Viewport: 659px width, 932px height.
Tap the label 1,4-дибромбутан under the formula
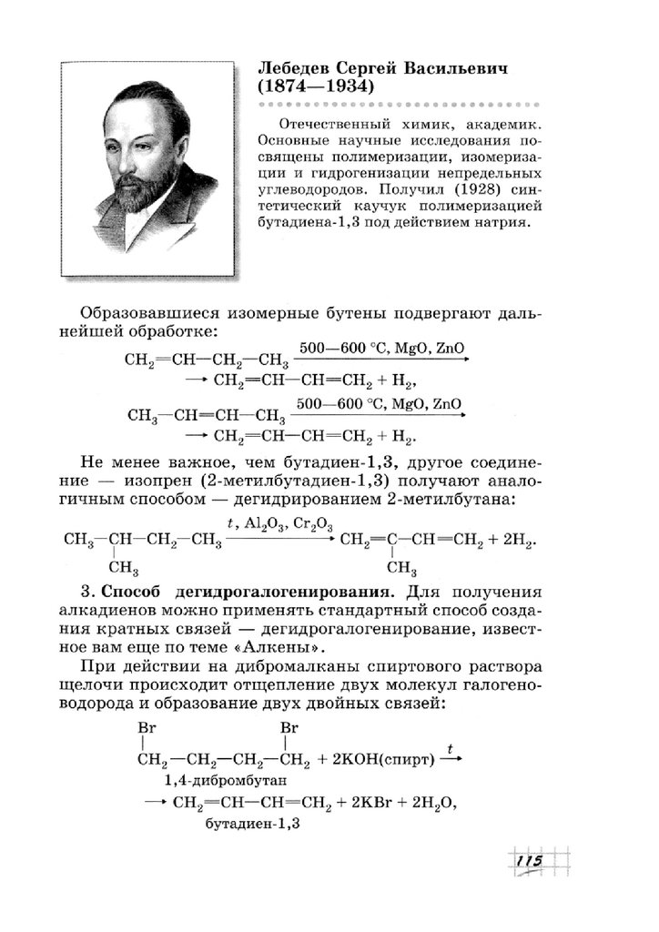pyautogui.click(x=225, y=780)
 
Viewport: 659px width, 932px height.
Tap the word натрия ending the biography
pyautogui.click(x=500, y=224)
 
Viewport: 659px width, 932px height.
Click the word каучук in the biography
pyautogui.click(x=309, y=208)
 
